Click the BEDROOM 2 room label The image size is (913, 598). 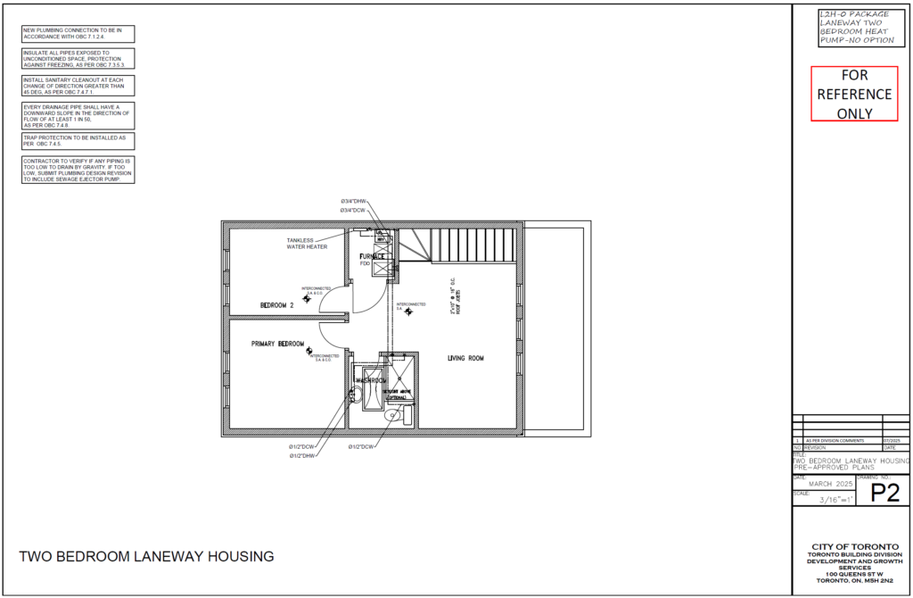coord(276,305)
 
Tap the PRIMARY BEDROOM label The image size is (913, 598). coord(277,344)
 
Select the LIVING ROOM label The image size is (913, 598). coord(465,359)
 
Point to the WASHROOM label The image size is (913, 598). coord(370,381)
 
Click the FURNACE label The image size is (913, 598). coord(373,256)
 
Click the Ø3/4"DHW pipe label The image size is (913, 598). coord(354,202)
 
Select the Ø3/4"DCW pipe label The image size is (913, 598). coord(354,211)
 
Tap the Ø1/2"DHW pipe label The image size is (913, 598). coord(302,455)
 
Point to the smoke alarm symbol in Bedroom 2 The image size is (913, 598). coord(307,299)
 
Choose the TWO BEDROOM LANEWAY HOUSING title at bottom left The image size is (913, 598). coord(146,557)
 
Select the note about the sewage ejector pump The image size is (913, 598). coord(78,170)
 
